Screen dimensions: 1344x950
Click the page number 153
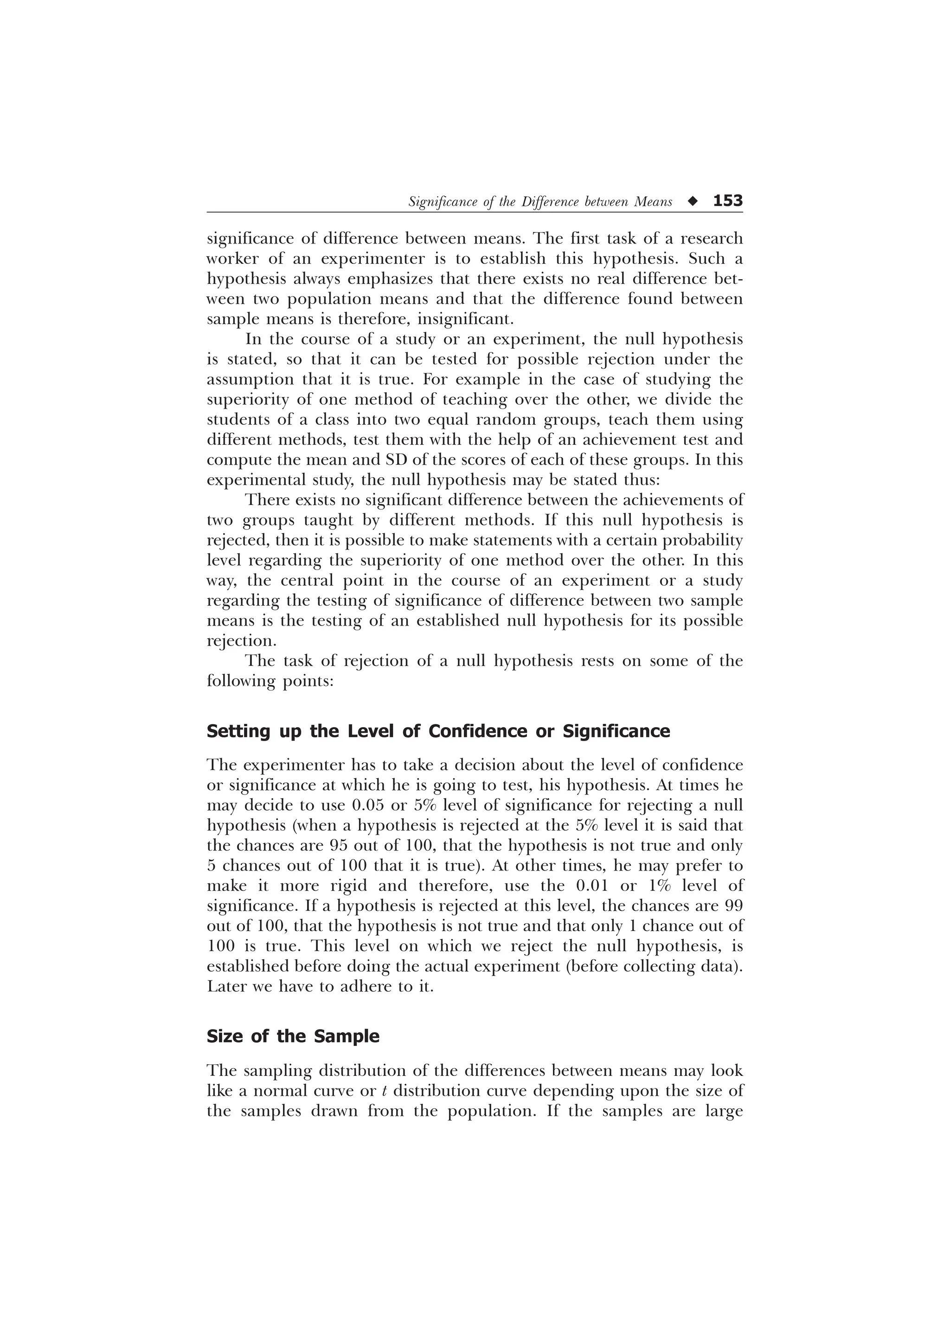pos(727,201)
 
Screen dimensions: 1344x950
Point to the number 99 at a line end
pos(734,906)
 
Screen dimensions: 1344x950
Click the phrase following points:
pos(270,681)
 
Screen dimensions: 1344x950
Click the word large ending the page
pos(724,1112)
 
